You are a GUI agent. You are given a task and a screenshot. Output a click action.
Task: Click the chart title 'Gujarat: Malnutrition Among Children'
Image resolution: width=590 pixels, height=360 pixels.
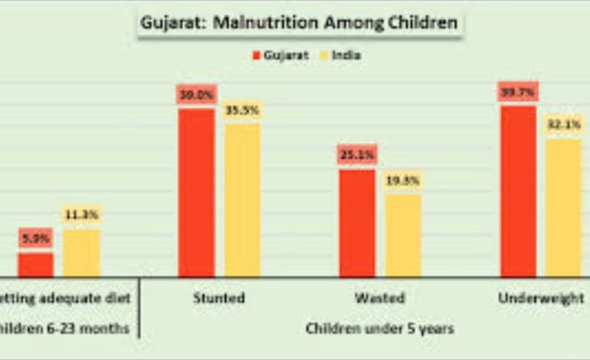pyautogui.click(x=299, y=22)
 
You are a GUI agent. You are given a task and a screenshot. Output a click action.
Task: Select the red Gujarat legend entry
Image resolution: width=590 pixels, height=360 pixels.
pyautogui.click(x=280, y=55)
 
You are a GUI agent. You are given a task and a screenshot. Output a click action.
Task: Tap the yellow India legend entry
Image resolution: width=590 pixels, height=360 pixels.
pyautogui.click(x=338, y=55)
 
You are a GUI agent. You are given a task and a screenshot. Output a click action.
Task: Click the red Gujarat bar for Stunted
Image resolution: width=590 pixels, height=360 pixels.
pyautogui.click(x=196, y=191)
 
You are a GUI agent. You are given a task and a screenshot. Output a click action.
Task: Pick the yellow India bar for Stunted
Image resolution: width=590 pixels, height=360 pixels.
pyautogui.click(x=242, y=199)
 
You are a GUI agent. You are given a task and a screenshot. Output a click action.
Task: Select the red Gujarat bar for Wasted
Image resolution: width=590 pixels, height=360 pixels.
pyautogui.click(x=357, y=222)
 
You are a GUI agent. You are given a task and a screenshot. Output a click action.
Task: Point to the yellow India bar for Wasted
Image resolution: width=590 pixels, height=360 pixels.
pyautogui.click(x=403, y=234)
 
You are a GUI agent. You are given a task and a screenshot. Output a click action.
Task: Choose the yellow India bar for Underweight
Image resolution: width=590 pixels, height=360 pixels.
pyautogui.click(x=564, y=207)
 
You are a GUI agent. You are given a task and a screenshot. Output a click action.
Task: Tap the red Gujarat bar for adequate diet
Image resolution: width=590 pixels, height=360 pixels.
pyautogui.click(x=35, y=264)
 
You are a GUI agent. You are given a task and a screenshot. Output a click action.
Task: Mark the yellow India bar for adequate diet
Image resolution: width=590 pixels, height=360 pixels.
pyautogui.click(x=81, y=253)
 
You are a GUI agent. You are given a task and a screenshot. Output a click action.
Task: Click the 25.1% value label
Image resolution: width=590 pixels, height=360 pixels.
pyautogui.click(x=357, y=155)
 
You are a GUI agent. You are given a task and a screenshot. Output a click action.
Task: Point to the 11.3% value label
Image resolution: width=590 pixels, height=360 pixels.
pyautogui.click(x=81, y=215)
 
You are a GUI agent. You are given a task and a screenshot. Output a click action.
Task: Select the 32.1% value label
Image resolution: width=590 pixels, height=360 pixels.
pyautogui.click(x=564, y=124)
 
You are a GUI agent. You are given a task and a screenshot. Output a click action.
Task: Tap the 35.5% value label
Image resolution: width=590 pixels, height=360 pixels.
pyautogui.click(x=242, y=110)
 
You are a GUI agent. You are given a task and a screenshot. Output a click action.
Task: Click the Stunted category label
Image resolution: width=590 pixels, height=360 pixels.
pyautogui.click(x=219, y=298)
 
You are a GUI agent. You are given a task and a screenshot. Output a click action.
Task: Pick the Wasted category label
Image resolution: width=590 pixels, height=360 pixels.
pyautogui.click(x=379, y=298)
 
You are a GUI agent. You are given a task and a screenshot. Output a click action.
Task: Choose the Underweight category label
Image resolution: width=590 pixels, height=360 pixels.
pyautogui.click(x=541, y=298)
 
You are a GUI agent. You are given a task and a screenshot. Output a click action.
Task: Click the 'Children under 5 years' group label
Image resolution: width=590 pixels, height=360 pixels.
pyautogui.click(x=379, y=329)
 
